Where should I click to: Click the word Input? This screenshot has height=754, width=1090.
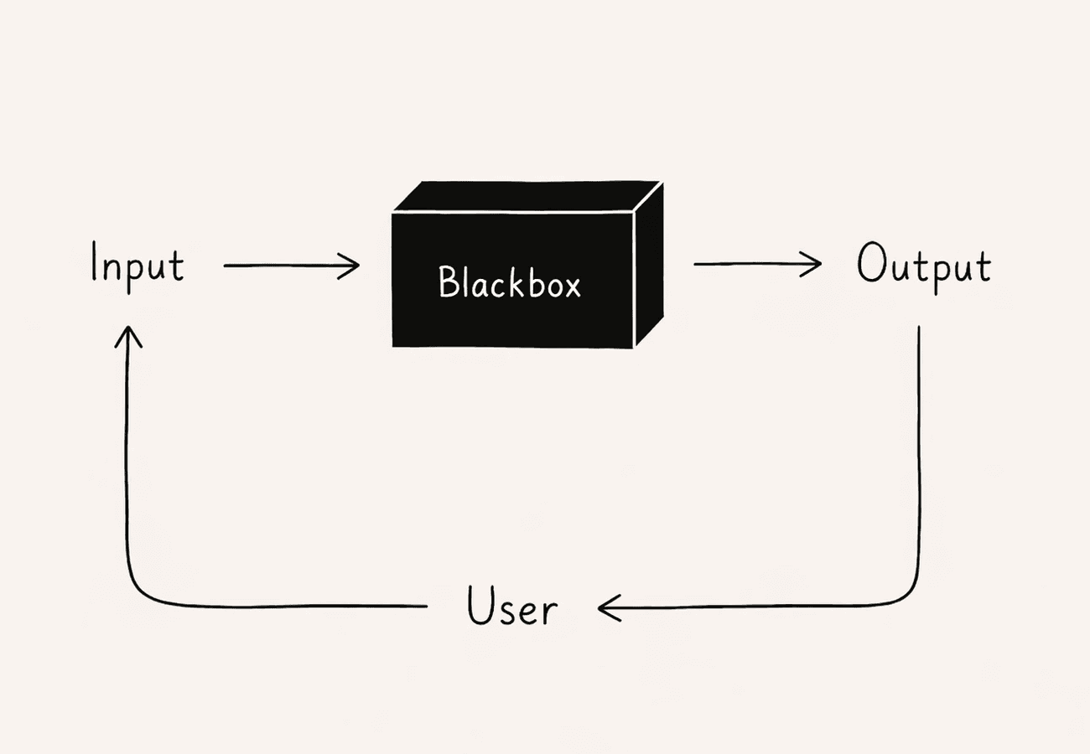[137, 266]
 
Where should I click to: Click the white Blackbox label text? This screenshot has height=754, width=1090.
[509, 283]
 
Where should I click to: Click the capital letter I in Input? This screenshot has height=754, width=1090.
[96, 264]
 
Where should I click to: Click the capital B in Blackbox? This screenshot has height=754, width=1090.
[448, 283]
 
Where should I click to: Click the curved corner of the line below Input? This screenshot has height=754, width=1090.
[139, 591]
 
